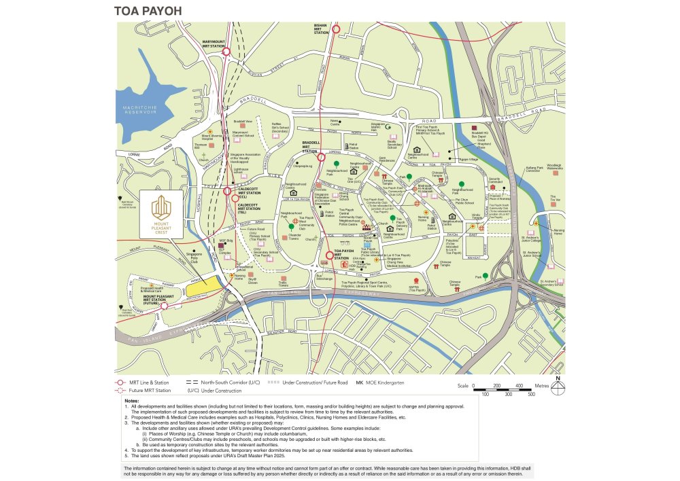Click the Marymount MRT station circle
(x=226, y=51)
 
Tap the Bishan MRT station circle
(x=335, y=29)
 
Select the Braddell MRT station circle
(x=321, y=157)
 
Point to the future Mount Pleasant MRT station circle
(x=163, y=306)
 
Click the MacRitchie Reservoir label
(x=135, y=111)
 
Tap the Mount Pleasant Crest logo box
(x=162, y=216)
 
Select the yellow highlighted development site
(x=205, y=287)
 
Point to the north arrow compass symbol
(x=558, y=388)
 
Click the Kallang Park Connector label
(x=532, y=168)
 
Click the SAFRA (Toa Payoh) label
(x=416, y=290)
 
